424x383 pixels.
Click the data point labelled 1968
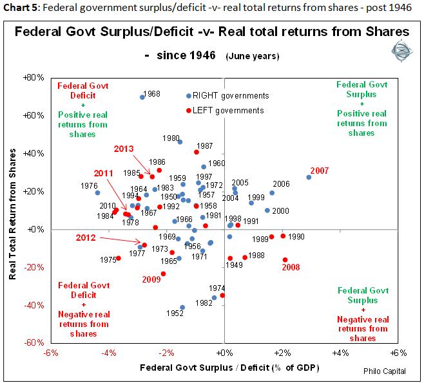tap(142, 97)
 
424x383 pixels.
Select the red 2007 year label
tap(320, 171)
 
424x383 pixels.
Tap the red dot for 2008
tap(285, 259)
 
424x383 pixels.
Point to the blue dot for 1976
tap(97, 192)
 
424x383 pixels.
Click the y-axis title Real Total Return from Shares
tap(14, 210)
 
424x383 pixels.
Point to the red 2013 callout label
tap(124, 149)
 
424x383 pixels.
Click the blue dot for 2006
tap(272, 192)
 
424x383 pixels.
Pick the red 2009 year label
tap(151, 279)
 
